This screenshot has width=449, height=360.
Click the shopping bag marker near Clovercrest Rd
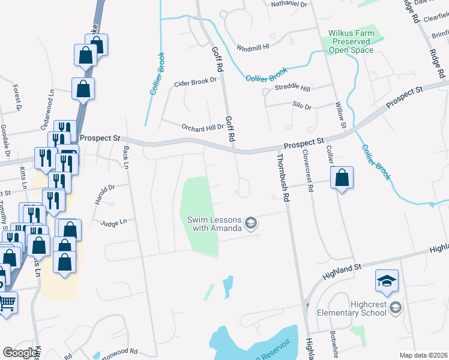tap(342, 178)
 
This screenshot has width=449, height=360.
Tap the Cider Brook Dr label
tap(194, 83)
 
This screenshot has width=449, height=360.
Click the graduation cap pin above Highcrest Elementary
tap(387, 280)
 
